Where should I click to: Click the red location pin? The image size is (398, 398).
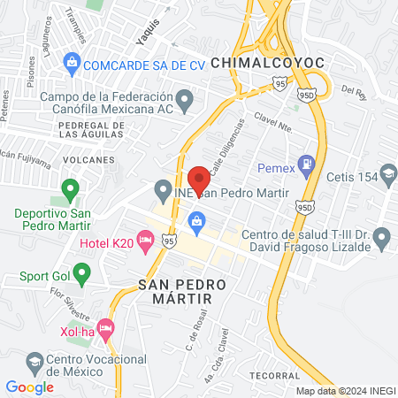coord(199,180)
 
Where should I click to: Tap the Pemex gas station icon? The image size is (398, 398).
coord(306,163)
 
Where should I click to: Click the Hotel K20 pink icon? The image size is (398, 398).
coord(146,241)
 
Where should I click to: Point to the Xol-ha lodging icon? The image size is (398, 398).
coord(105,330)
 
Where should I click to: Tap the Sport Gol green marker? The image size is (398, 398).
coord(82,275)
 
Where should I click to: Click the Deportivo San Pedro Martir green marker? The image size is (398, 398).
coord(70,188)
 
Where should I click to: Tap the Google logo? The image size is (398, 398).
coord(29,387)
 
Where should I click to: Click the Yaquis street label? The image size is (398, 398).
coord(149,34)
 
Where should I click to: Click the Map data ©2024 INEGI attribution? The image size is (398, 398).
coord(344,391)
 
